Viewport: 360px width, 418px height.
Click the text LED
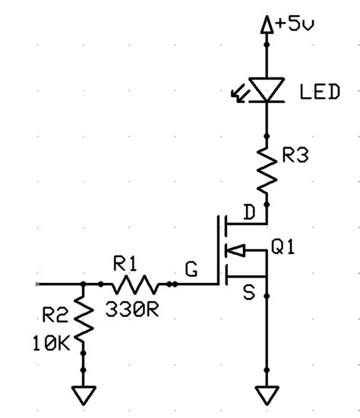tap(319, 92)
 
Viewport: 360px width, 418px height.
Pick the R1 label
tap(125, 264)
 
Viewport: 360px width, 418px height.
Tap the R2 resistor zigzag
tap(81, 319)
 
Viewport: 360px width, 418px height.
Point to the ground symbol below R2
tap(81, 395)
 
